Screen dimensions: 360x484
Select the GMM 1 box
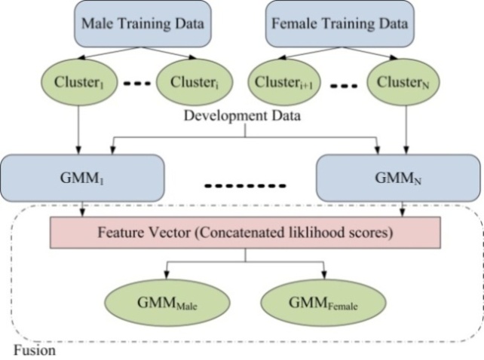[83, 178]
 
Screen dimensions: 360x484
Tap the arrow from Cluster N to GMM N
[406, 128]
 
